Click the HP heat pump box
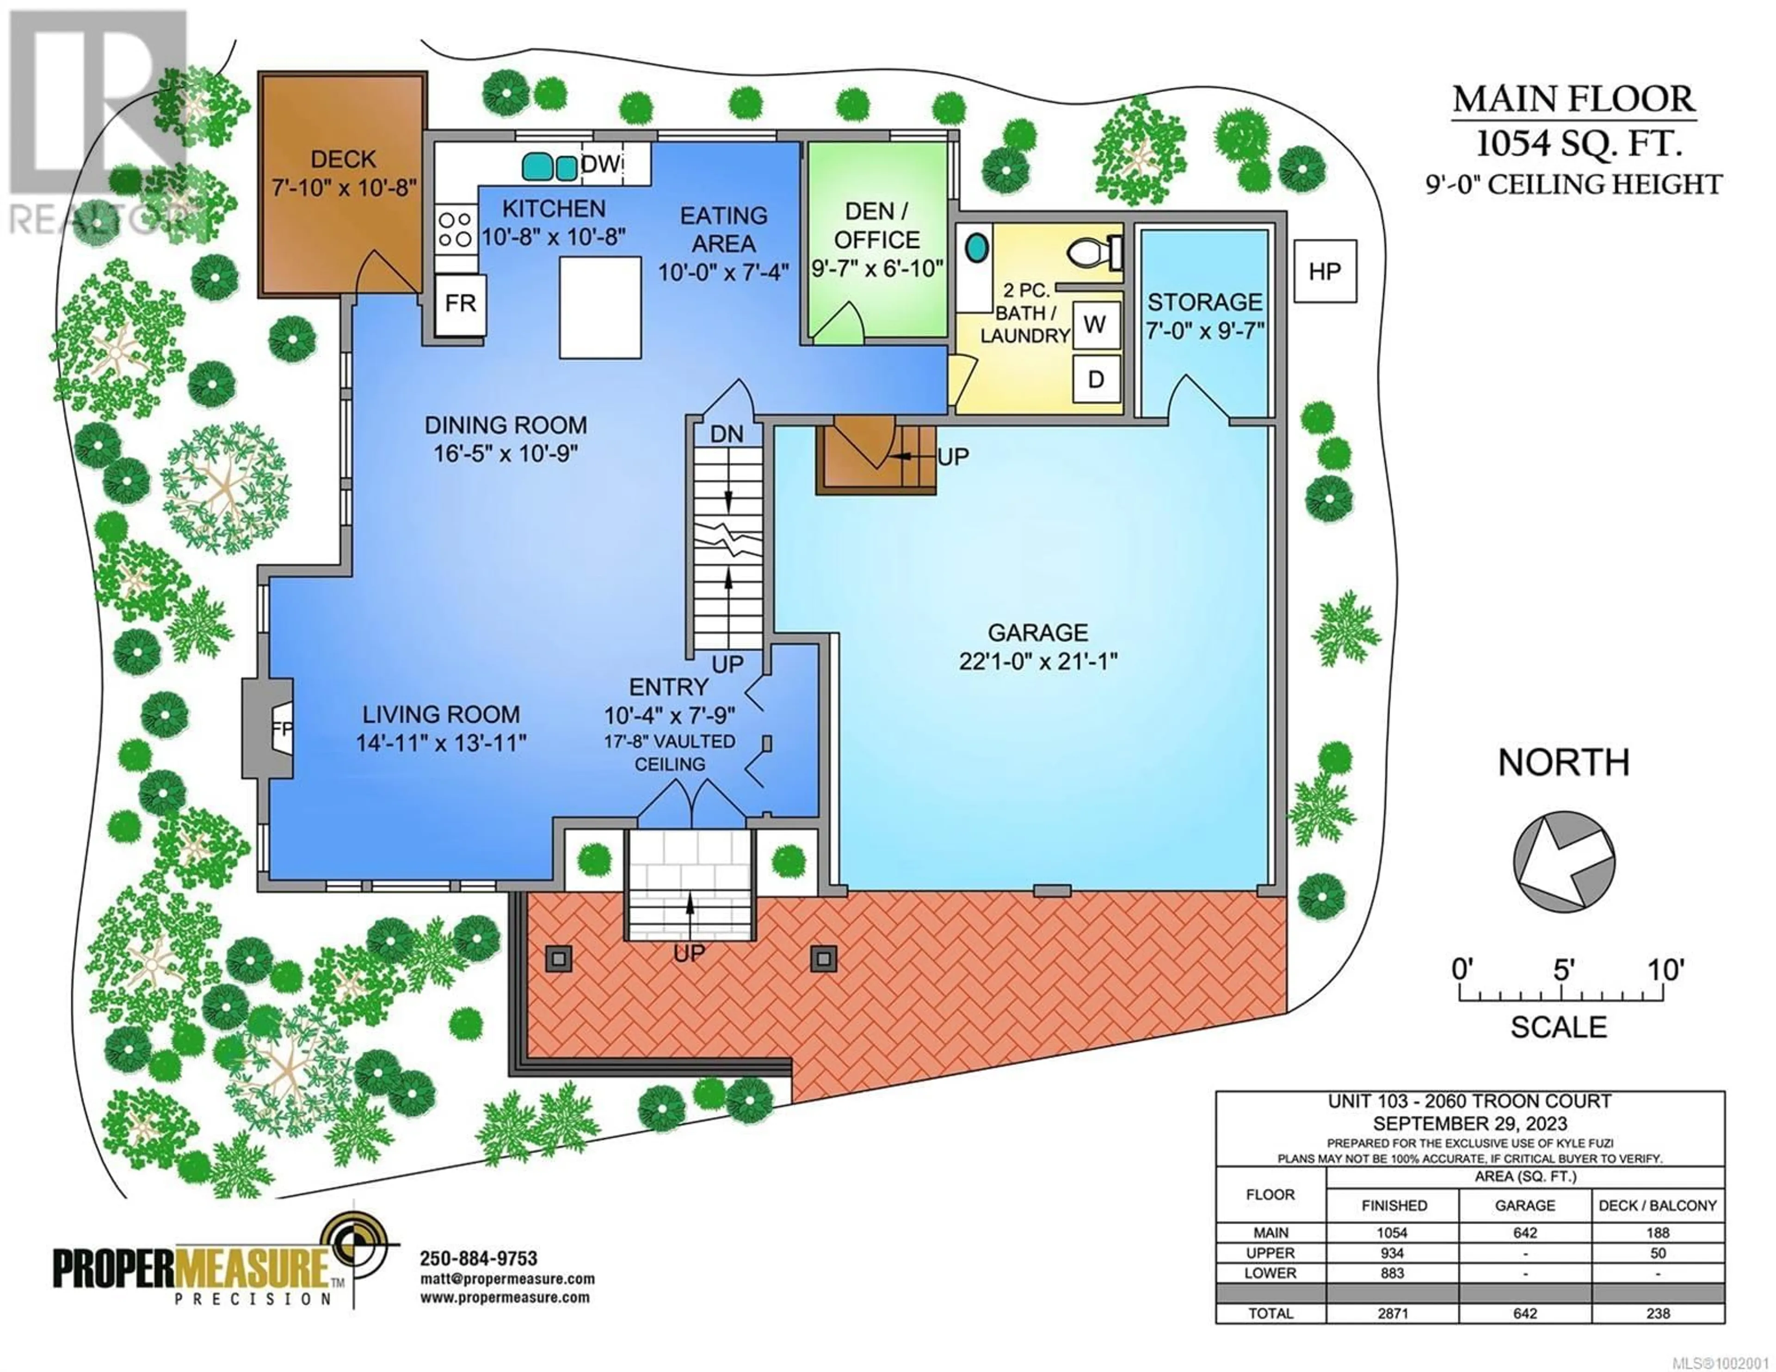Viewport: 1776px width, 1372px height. click(1325, 271)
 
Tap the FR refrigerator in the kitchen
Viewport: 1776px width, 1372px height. click(460, 304)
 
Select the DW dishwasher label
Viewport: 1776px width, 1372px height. click(601, 164)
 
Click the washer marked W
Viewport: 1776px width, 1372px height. click(1095, 325)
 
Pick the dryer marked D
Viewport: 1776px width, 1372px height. click(1095, 379)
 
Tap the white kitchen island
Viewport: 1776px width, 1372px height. click(600, 308)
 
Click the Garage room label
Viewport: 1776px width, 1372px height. click(1038, 633)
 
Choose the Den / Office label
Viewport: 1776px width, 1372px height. click(876, 225)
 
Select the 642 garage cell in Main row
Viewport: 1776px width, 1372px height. click(1525, 1233)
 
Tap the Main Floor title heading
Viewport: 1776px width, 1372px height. click(1574, 99)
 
